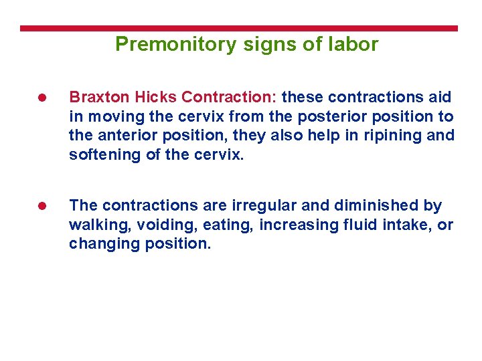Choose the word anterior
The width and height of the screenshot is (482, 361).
point(126,136)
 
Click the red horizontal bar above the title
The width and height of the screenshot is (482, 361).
point(239,29)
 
